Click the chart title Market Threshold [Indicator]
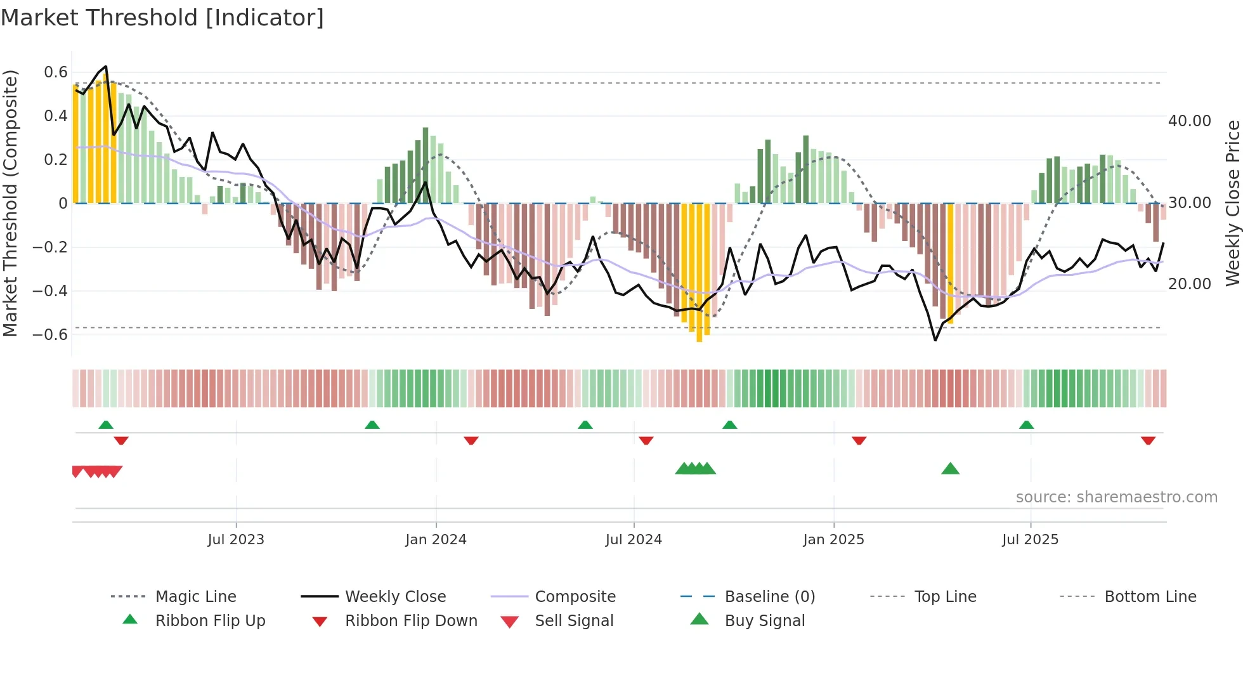[x=162, y=18]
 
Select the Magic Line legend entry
[x=195, y=596]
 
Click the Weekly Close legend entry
[x=395, y=596]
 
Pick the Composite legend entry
[x=575, y=596]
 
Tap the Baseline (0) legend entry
[x=769, y=596]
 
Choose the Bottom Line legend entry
[x=1150, y=596]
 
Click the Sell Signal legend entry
[x=573, y=620]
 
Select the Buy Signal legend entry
[x=764, y=620]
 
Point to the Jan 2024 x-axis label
[x=436, y=539]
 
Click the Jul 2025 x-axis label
[x=1030, y=539]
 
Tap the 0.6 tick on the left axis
[x=56, y=72]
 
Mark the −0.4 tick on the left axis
[x=50, y=291]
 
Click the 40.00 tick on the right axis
[x=1189, y=121]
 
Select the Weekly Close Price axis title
[x=1232, y=203]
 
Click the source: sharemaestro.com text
[x=1116, y=497]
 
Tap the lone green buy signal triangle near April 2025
[x=950, y=469]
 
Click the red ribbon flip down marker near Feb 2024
[x=471, y=440]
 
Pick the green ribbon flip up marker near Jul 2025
[x=1026, y=425]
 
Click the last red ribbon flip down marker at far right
[x=1148, y=440]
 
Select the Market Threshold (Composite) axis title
[x=10, y=203]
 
